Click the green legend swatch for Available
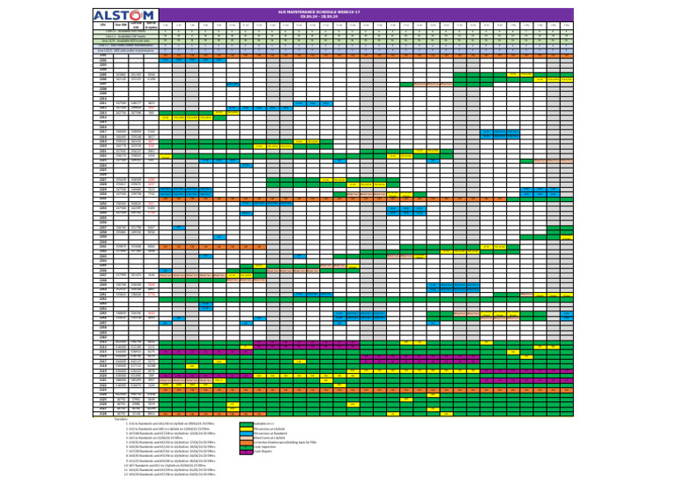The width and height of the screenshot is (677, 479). [x=246, y=424]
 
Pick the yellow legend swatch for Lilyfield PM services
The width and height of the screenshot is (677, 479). [x=246, y=430]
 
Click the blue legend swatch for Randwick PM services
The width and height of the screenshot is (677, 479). [x=246, y=434]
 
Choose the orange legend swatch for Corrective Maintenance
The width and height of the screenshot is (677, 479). [x=246, y=444]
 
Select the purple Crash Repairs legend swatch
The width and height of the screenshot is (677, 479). [x=246, y=453]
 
